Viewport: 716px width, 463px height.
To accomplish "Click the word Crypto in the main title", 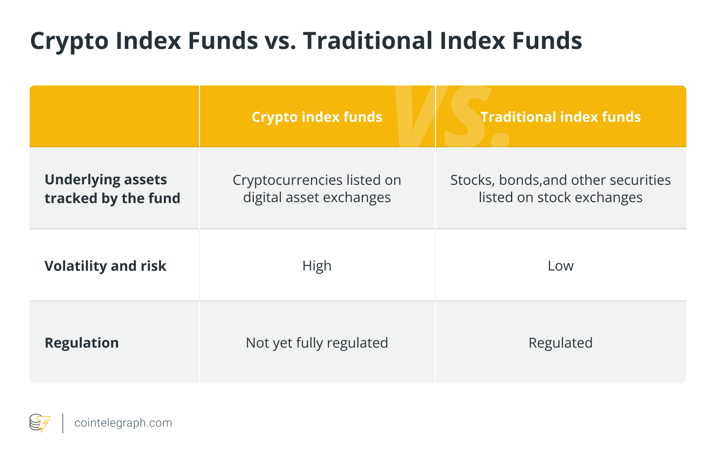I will [70, 41].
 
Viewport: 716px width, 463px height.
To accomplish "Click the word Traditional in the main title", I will [368, 41].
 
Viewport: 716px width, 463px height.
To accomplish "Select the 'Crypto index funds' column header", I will [317, 117].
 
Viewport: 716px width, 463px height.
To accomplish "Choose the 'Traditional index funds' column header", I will [560, 117].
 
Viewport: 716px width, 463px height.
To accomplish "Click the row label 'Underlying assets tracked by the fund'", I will [112, 189].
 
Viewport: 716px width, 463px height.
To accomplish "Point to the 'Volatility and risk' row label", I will [105, 266].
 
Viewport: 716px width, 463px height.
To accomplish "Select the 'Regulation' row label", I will [81, 343].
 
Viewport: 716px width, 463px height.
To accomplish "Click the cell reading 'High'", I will [317, 266].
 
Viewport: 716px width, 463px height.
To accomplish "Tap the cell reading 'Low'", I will [560, 266].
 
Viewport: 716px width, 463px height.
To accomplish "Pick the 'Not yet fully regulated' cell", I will [317, 343].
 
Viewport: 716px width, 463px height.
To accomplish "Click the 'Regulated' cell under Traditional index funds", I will [560, 343].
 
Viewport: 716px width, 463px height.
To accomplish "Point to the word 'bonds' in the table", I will [519, 180].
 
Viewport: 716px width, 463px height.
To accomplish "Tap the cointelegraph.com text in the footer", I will [123, 423].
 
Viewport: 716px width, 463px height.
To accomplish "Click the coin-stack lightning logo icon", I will [40, 423].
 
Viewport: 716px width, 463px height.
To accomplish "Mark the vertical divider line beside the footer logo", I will [63, 423].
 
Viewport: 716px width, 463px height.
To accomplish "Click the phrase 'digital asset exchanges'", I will [317, 198].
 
